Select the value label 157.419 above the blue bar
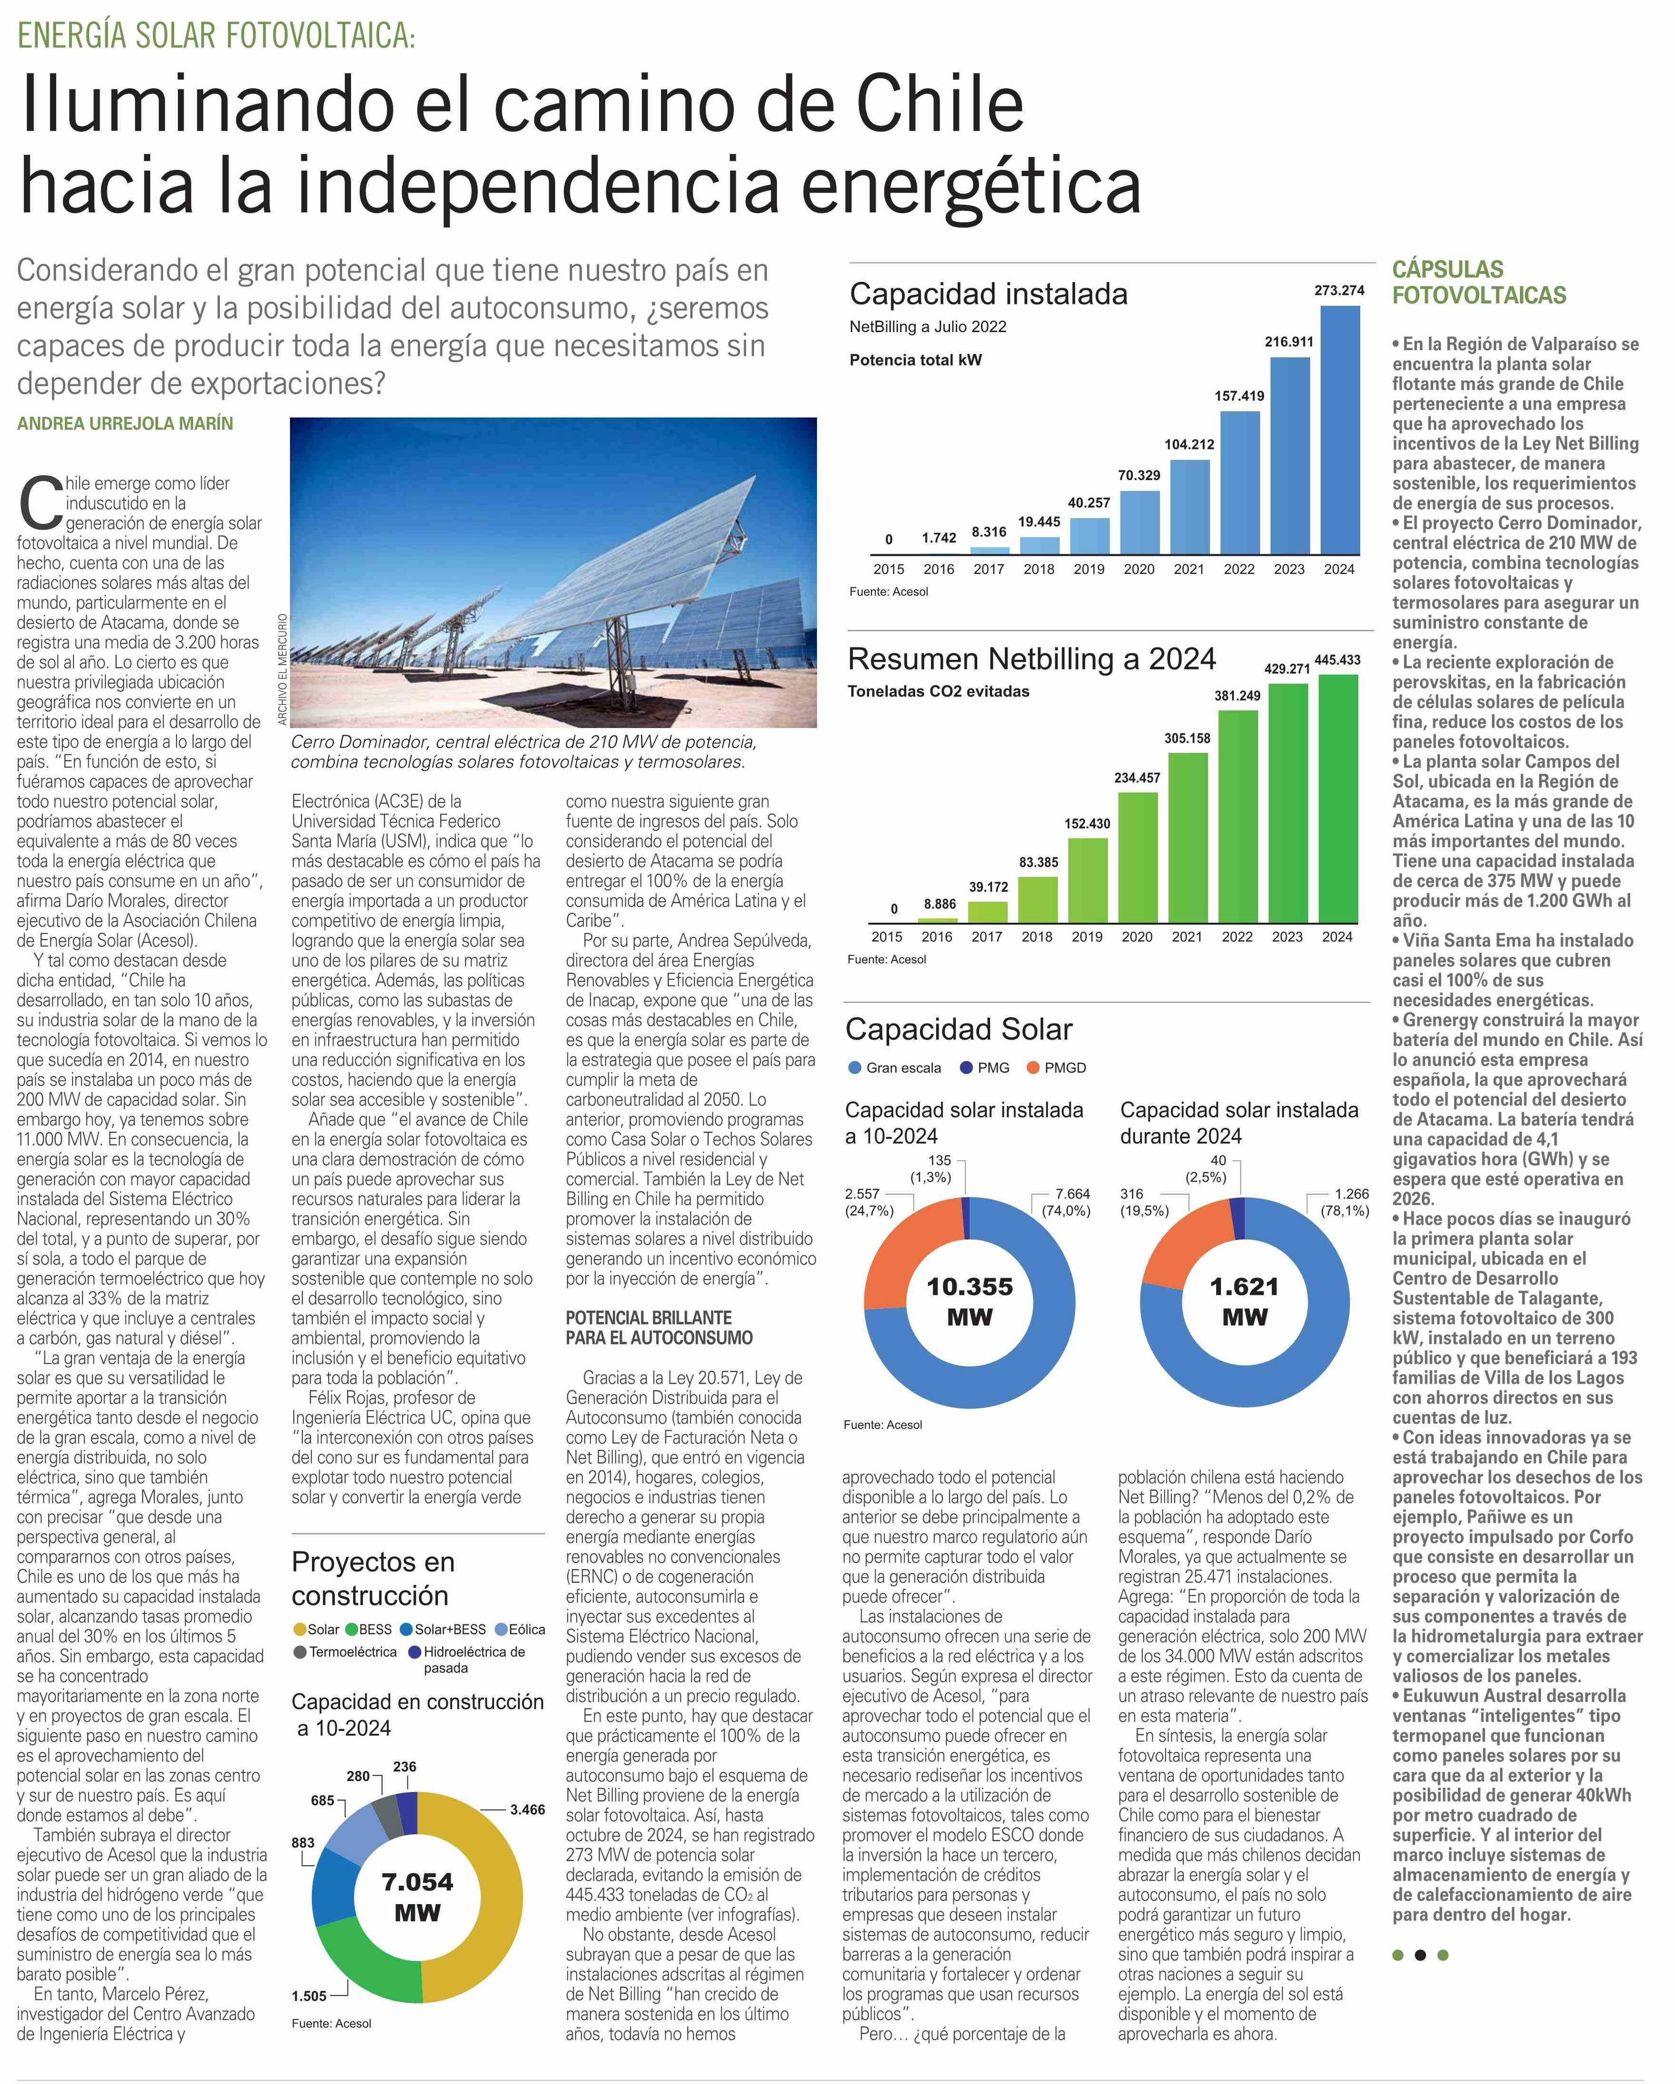[x=1239, y=396]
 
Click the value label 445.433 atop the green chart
[x=1338, y=660]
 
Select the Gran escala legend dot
[x=854, y=1068]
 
